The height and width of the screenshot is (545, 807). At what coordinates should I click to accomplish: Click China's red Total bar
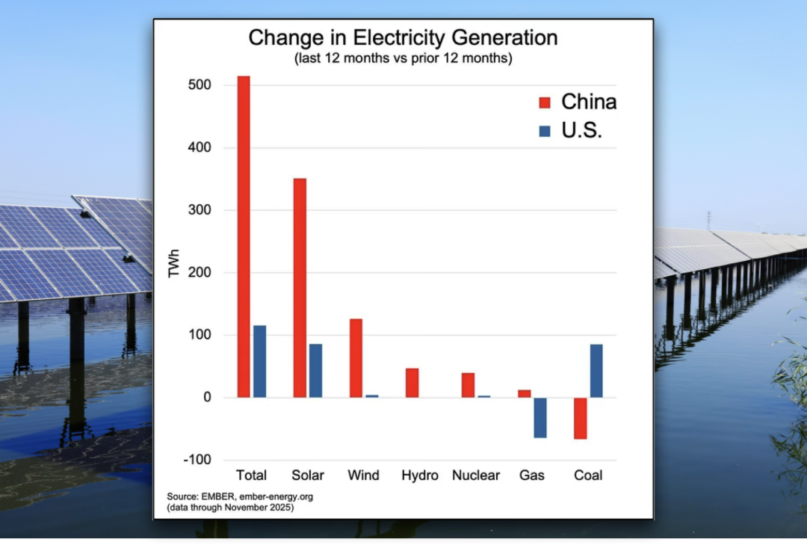[244, 236]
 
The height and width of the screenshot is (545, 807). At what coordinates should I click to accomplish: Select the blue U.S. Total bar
[259, 361]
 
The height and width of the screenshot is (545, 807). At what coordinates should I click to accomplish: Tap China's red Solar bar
[300, 288]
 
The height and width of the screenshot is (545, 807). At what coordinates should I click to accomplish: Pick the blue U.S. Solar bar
[315, 370]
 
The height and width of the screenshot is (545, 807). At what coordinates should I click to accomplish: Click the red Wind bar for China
[356, 358]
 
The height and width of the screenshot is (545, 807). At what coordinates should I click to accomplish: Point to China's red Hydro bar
[412, 383]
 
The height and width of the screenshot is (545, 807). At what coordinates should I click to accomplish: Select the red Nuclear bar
[468, 385]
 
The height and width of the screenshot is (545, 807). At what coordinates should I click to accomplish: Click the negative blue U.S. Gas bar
[539, 417]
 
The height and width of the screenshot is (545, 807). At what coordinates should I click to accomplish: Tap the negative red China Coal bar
[580, 418]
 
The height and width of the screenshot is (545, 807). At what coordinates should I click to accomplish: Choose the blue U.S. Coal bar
[596, 371]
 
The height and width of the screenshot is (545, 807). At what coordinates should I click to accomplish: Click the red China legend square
[544, 102]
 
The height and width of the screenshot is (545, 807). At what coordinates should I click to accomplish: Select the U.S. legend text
[581, 131]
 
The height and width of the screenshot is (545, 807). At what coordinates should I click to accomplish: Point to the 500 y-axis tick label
[200, 85]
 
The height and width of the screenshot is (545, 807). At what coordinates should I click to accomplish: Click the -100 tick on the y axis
[197, 460]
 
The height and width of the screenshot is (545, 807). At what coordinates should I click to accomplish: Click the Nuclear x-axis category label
[476, 475]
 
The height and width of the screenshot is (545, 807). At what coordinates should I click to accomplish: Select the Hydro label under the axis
[420, 475]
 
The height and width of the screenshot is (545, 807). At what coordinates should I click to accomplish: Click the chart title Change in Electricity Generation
[403, 38]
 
